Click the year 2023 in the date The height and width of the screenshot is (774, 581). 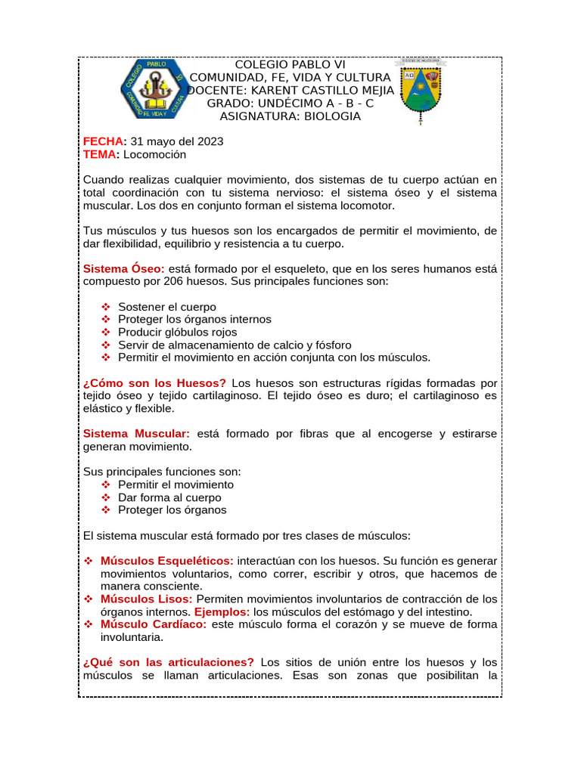point(210,141)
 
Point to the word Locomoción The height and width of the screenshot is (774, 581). point(154,154)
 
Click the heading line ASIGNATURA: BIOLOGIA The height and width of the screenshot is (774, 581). point(290,116)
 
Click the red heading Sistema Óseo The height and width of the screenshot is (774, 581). point(123,268)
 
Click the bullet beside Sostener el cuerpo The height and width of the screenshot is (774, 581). point(106,307)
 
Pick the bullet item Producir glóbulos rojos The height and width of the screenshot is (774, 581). point(177,332)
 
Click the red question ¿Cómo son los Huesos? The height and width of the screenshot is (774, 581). point(154,383)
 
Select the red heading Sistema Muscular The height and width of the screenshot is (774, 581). point(136,434)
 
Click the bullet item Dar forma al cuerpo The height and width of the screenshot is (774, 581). point(169,497)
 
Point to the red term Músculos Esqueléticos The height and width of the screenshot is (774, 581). point(166,561)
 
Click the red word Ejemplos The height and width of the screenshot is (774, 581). point(222,611)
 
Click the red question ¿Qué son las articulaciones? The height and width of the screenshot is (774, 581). point(168,662)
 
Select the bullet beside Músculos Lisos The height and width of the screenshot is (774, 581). point(88,599)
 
